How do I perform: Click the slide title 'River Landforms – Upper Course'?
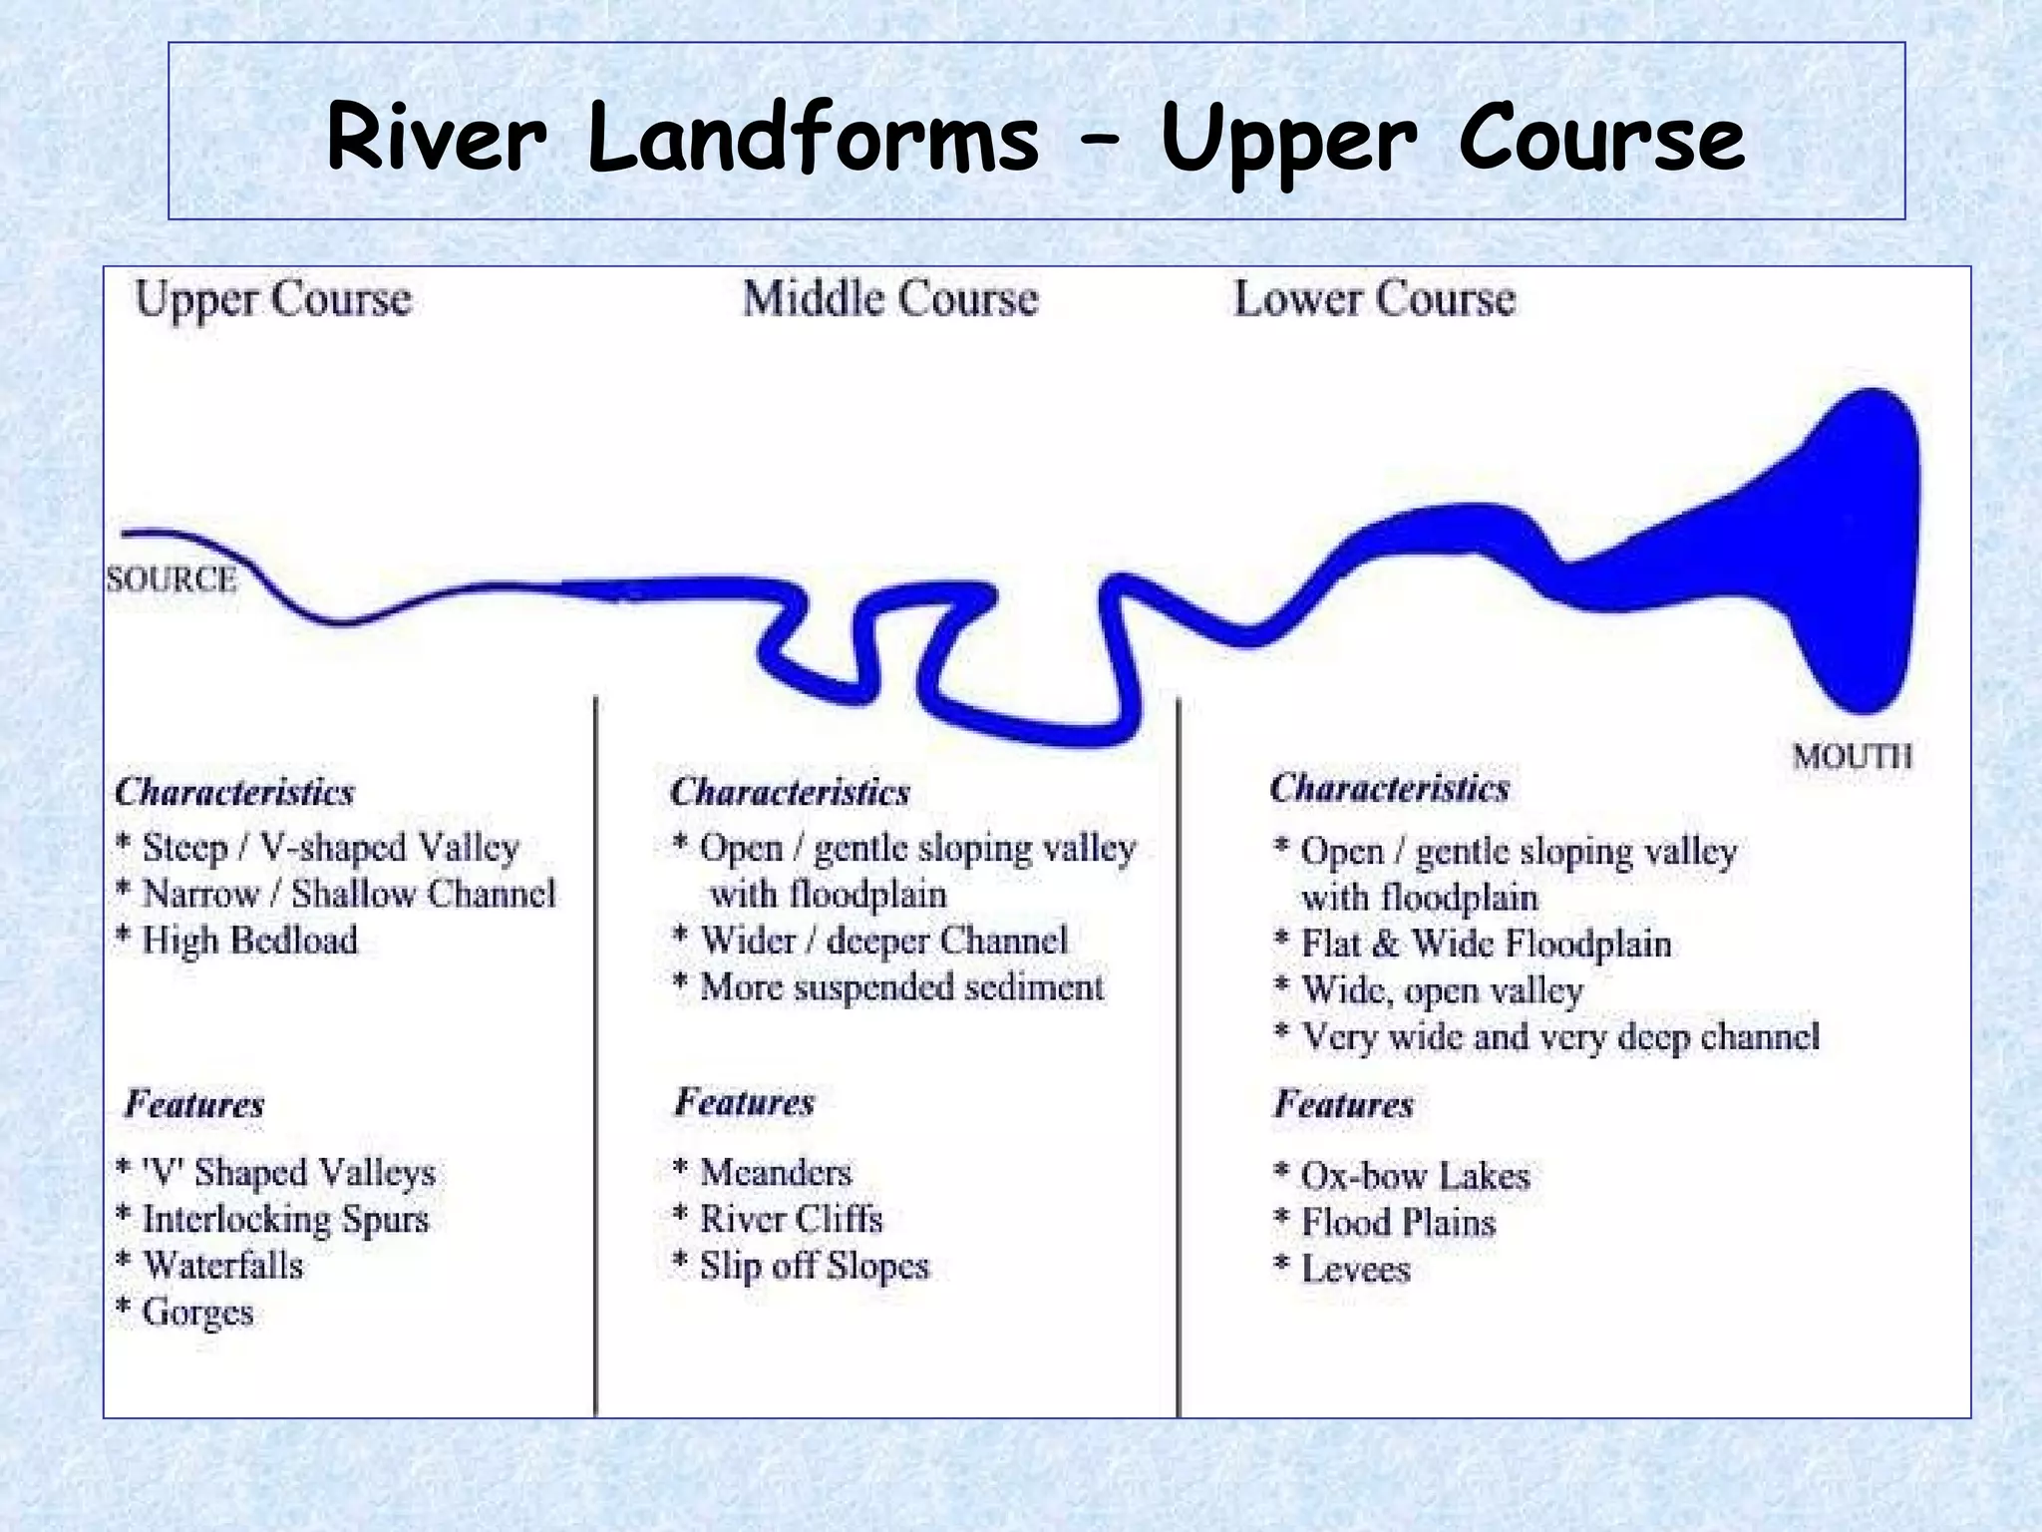pyautogui.click(x=1035, y=140)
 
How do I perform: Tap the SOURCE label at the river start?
pyautogui.click(x=171, y=579)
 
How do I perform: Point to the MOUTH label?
pyautogui.click(x=1852, y=756)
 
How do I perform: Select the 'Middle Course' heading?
pyautogui.click(x=890, y=299)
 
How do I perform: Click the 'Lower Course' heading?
pyautogui.click(x=1374, y=299)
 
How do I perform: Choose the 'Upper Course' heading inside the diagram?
pyautogui.click(x=273, y=299)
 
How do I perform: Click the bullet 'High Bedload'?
pyautogui.click(x=248, y=941)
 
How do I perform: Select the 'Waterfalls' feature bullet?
pyautogui.click(x=222, y=1266)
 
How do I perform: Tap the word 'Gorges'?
pyautogui.click(x=197, y=1313)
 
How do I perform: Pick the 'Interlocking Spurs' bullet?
pyautogui.click(x=285, y=1219)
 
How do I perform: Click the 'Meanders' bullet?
pyautogui.click(x=776, y=1172)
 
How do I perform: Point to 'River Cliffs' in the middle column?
pyautogui.click(x=791, y=1219)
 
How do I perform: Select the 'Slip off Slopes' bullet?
pyautogui.click(x=814, y=1266)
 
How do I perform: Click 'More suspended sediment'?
pyautogui.click(x=901, y=987)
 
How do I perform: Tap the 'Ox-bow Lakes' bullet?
pyautogui.click(x=1415, y=1176)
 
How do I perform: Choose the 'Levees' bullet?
pyautogui.click(x=1355, y=1270)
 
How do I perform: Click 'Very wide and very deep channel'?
pyautogui.click(x=1559, y=1037)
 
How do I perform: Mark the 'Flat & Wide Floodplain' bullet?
pyautogui.click(x=1486, y=944)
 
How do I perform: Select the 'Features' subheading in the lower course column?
pyautogui.click(x=1343, y=1105)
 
